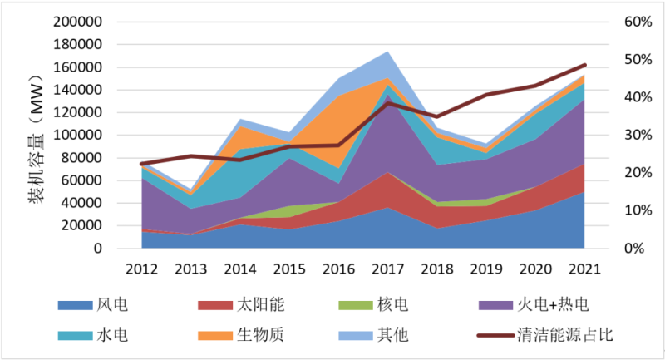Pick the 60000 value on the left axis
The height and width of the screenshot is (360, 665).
[84, 180]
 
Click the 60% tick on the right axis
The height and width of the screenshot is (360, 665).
[634, 22]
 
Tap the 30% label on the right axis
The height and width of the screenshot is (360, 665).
[634, 136]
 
